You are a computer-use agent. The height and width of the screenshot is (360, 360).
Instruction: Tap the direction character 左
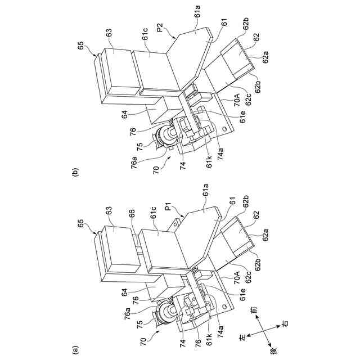243,337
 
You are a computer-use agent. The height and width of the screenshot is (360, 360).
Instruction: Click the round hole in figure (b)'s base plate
225,130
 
